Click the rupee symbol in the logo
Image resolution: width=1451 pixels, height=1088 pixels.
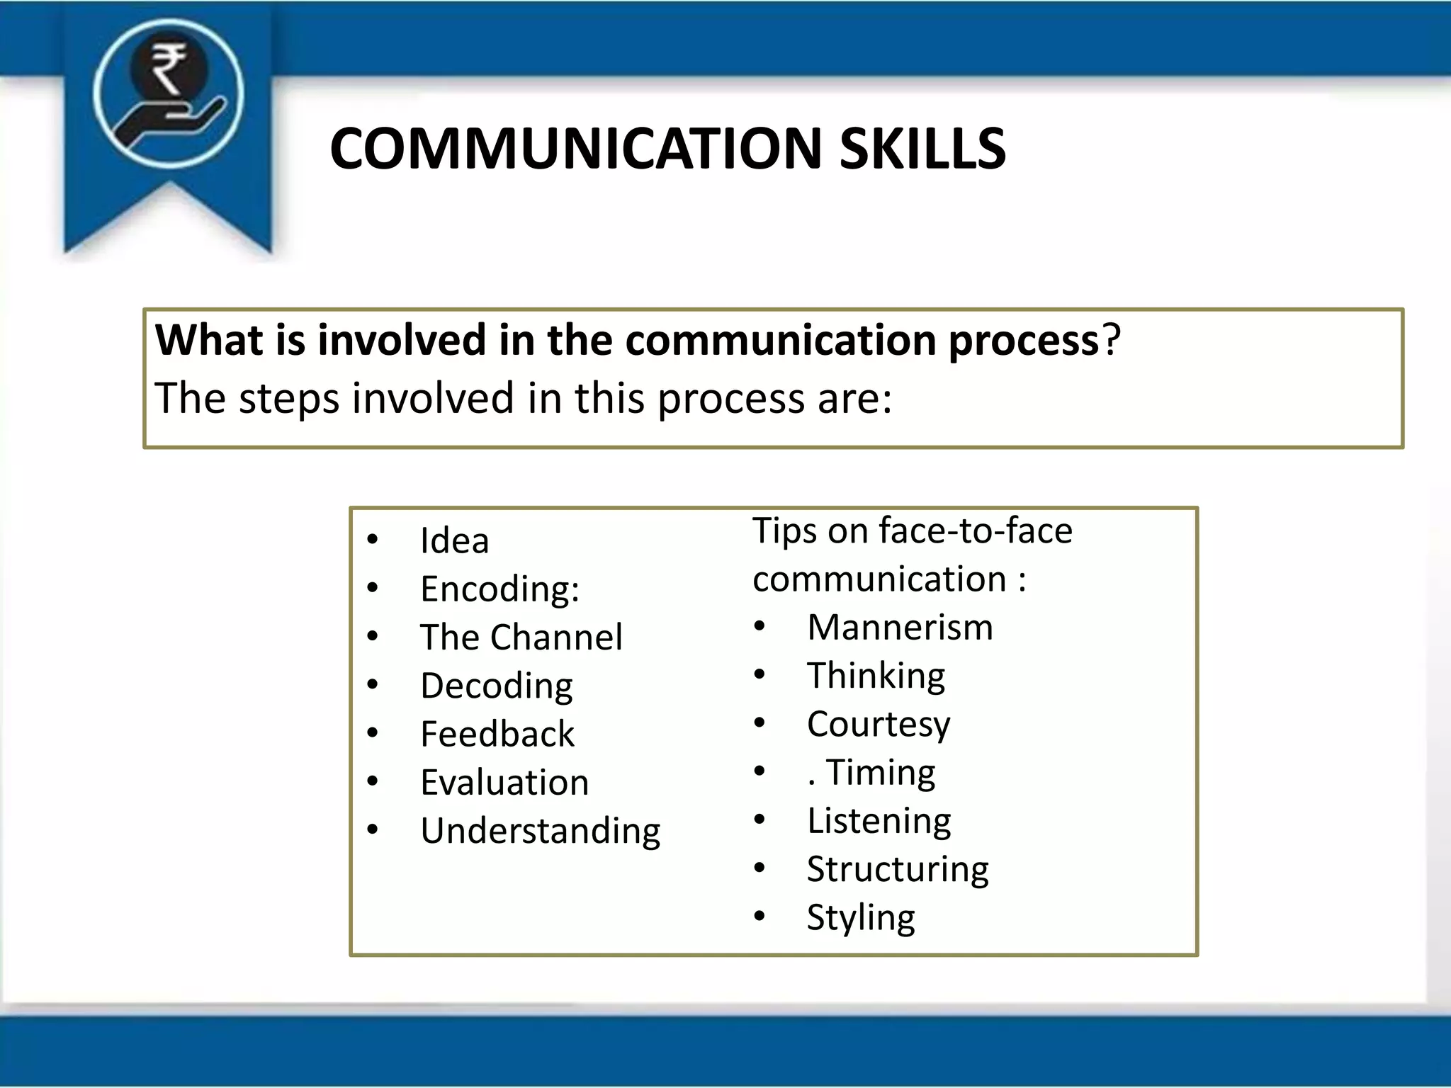(168, 68)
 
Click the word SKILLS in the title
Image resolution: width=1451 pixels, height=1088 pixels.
(922, 149)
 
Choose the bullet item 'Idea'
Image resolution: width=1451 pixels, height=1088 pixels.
(454, 541)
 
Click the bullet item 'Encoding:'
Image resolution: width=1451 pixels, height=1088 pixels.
(499, 589)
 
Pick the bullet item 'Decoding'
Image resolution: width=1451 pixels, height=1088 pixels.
(496, 686)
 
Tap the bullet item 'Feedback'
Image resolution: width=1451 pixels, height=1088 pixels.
(497, 734)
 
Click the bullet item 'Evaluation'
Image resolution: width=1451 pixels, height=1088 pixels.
(504, 783)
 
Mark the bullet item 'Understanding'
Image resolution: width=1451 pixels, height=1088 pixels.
(540, 831)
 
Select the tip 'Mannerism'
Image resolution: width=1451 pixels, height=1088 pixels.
(900, 628)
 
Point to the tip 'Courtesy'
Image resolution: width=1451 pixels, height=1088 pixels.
(879, 724)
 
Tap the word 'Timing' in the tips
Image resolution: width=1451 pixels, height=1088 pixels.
(881, 772)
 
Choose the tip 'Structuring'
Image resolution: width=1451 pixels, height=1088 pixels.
(898, 869)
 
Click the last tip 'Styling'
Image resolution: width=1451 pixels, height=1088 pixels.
(861, 917)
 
